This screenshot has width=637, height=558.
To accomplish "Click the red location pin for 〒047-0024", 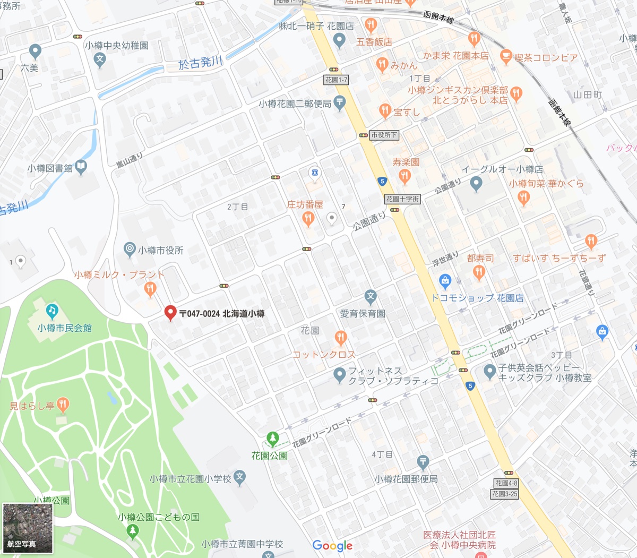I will [170, 313].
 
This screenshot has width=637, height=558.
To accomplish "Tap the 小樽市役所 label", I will [160, 250].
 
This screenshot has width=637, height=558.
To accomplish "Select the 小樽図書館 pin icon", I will [81, 167].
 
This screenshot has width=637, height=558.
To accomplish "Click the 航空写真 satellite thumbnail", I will [28, 528].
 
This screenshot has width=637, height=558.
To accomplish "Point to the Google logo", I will [332, 545].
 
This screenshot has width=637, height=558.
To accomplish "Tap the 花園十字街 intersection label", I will [402, 199].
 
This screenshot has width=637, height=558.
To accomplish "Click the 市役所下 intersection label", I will [384, 135].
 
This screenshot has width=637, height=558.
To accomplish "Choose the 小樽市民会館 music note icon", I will [51, 311].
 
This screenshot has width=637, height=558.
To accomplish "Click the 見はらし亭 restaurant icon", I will [63, 405].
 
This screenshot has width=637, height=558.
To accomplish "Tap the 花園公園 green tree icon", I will [272, 439].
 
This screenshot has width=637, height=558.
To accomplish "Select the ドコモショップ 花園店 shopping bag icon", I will [445, 281].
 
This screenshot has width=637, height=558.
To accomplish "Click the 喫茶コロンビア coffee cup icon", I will [506, 56].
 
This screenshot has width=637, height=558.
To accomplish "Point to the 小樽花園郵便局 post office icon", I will [423, 462].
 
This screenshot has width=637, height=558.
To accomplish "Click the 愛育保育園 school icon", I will [371, 297].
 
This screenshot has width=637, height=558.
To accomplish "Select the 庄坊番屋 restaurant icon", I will [308, 218].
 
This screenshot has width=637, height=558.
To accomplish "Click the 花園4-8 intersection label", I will [505, 483].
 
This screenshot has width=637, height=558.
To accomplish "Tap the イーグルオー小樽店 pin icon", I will [476, 184].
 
